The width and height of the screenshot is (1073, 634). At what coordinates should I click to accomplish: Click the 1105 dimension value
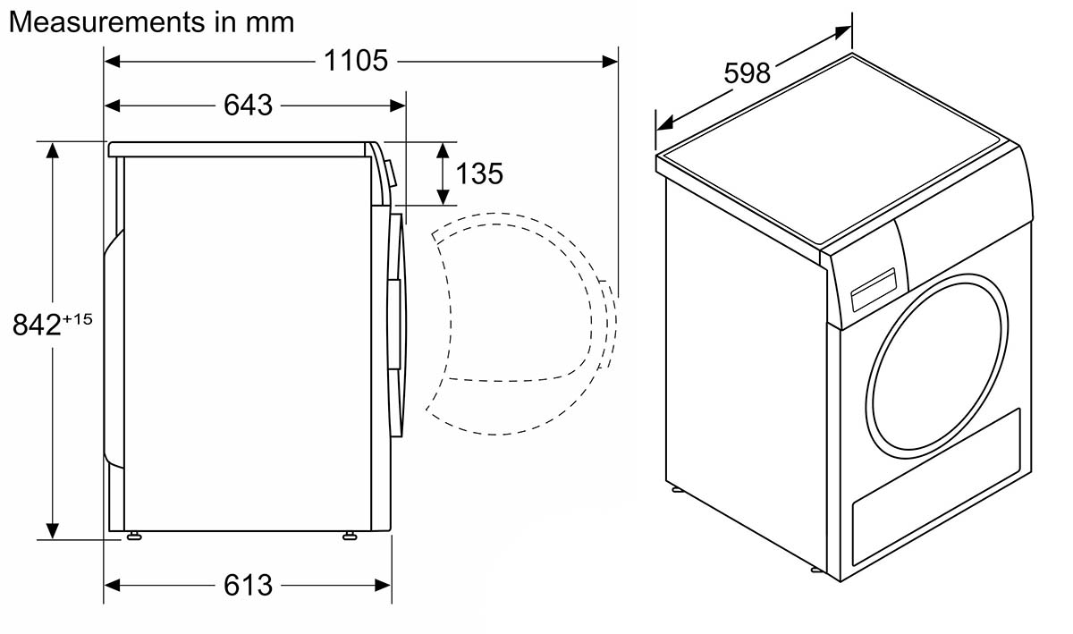click(x=356, y=61)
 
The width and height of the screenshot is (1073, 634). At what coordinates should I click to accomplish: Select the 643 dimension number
click(x=249, y=105)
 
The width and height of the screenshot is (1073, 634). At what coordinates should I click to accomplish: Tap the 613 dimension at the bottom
click(x=249, y=585)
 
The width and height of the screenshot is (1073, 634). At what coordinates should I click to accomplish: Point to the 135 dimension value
click(x=479, y=173)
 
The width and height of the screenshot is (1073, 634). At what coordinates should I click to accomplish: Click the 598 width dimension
click(x=748, y=73)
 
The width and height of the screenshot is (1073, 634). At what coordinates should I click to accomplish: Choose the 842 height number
click(x=37, y=325)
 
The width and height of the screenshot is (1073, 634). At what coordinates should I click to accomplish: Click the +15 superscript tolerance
click(x=77, y=318)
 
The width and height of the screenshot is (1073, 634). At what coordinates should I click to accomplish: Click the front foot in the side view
click(x=351, y=536)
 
